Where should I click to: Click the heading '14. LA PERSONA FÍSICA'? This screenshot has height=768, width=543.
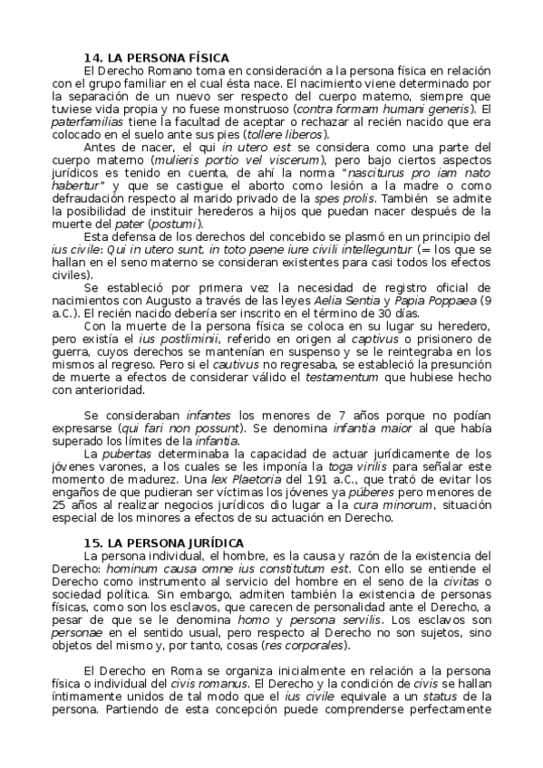point(157,57)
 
